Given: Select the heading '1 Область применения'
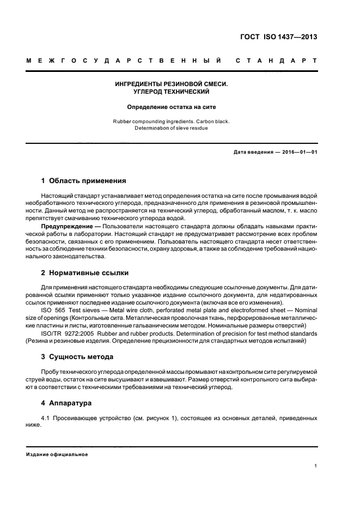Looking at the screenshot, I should (x=84, y=180).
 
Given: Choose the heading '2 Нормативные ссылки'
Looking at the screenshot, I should (x=86, y=273).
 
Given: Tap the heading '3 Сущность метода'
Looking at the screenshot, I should (x=77, y=357).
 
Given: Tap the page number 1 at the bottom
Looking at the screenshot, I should (x=316, y=466).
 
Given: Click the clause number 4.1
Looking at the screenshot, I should (x=46, y=418).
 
